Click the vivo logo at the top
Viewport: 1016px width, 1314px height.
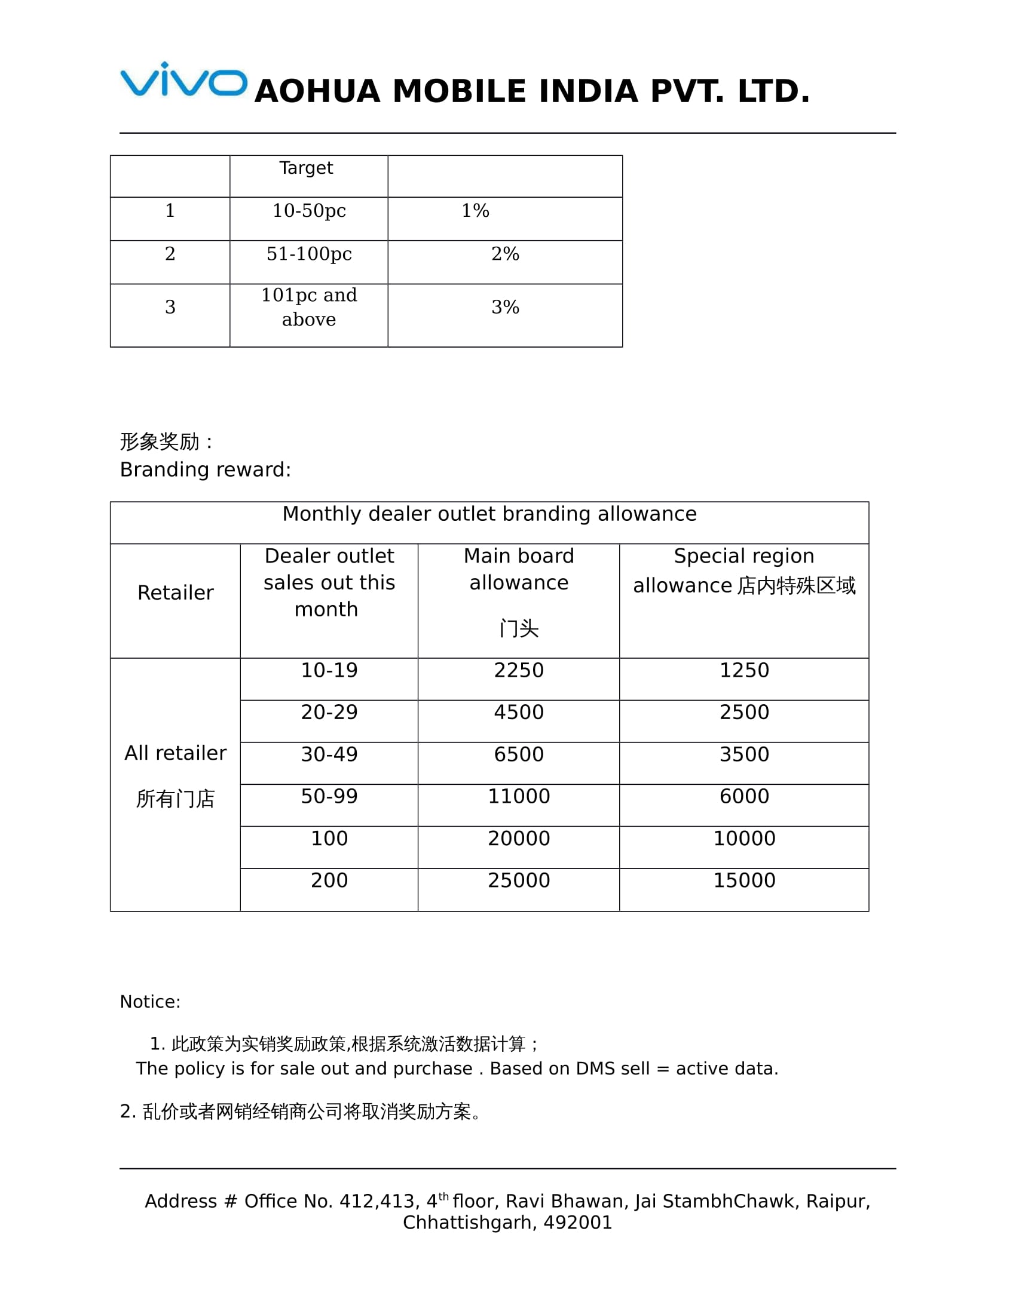(183, 79)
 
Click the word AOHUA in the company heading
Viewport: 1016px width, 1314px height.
(317, 92)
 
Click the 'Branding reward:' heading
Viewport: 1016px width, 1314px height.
(205, 469)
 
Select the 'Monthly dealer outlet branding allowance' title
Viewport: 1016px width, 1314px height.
(489, 514)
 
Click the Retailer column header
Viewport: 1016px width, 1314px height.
(175, 592)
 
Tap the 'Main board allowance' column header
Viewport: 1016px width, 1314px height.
(518, 569)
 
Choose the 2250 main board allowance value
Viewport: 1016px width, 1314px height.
(518, 670)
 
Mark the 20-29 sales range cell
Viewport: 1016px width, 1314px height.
(329, 713)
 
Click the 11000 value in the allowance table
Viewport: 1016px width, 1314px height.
(518, 797)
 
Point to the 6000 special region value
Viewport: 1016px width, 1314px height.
(744, 797)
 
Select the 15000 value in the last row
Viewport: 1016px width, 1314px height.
(744, 881)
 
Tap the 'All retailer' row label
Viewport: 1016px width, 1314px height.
(175, 753)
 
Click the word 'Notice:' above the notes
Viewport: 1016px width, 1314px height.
(150, 1002)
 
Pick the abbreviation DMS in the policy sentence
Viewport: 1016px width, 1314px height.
(595, 1069)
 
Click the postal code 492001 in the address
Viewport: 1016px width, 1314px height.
(578, 1223)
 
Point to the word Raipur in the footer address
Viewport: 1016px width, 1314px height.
(837, 1201)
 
